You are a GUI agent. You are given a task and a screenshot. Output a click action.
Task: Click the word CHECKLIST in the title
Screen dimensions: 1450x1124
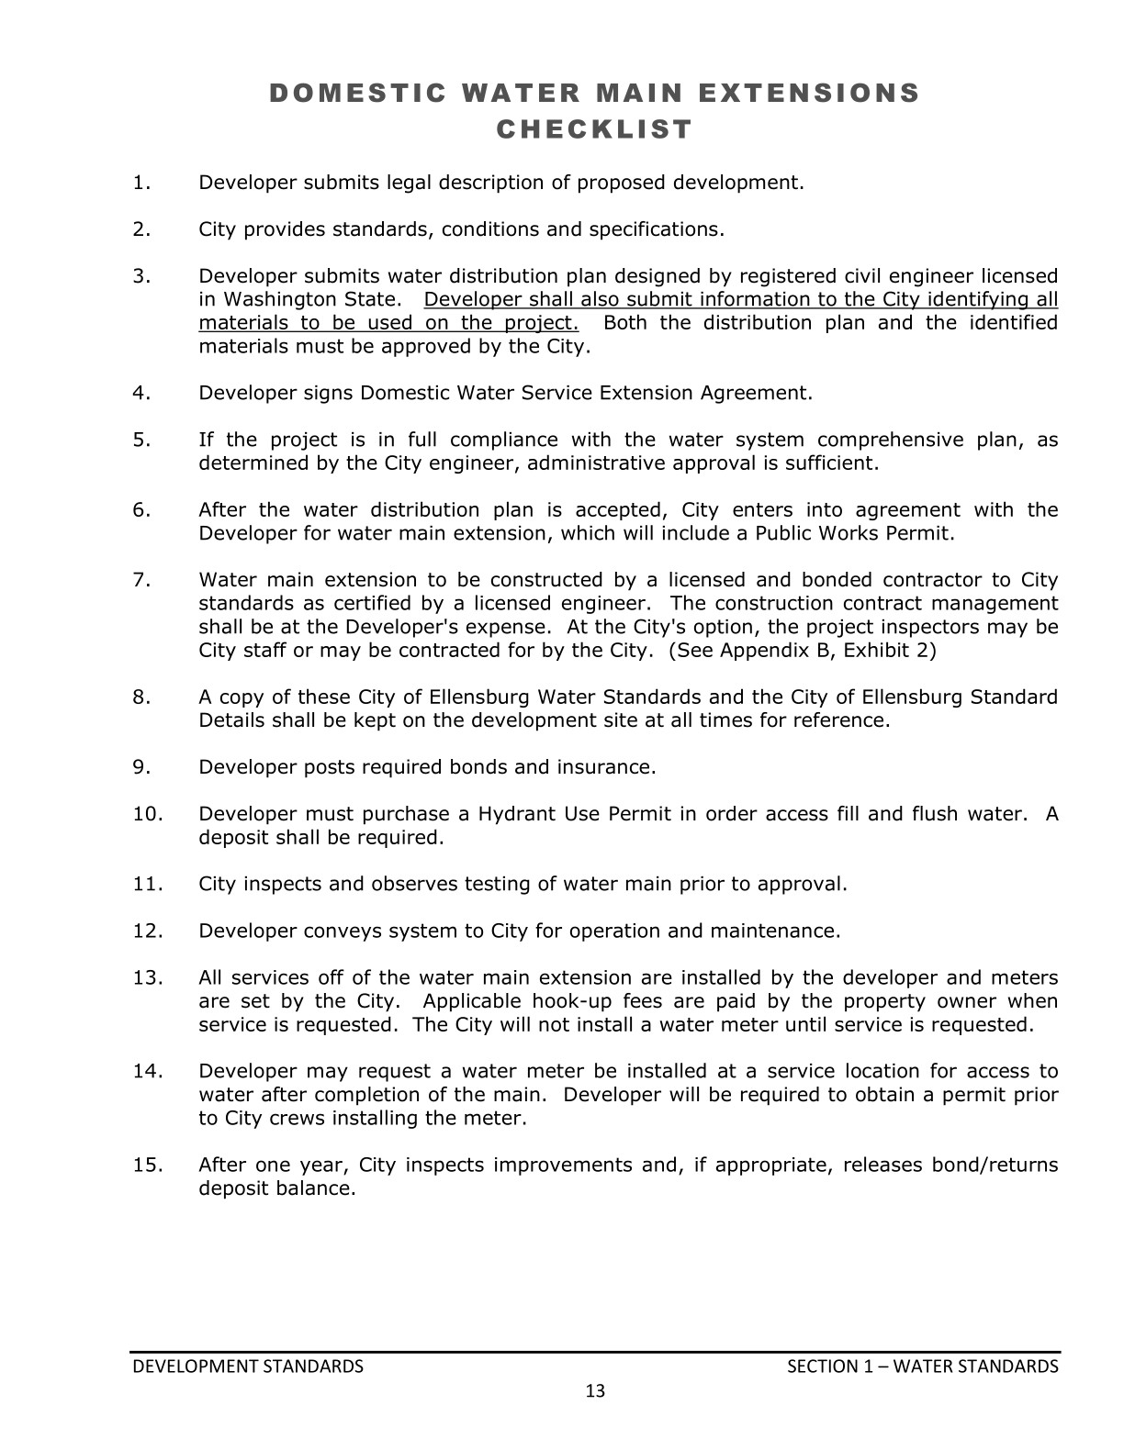pos(594,129)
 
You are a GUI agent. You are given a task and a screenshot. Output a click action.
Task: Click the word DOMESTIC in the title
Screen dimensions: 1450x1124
pos(345,93)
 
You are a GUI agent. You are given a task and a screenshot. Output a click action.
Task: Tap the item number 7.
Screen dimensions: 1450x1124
pos(141,580)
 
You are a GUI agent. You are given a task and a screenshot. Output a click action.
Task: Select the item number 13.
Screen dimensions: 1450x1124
pos(147,977)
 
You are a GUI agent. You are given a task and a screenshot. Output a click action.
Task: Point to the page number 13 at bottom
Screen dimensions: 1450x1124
pos(595,1391)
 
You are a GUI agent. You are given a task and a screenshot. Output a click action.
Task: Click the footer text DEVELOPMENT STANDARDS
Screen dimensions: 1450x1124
pos(248,1366)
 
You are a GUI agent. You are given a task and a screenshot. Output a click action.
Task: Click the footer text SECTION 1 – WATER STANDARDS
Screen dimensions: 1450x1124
pos(923,1366)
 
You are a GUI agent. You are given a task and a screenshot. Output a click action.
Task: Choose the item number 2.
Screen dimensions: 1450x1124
pos(141,229)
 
